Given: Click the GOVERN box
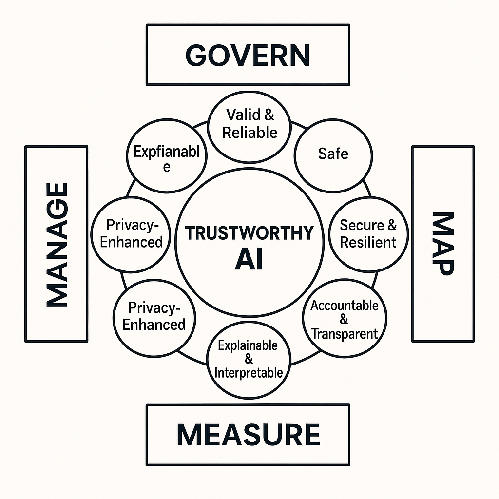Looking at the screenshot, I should (248, 55).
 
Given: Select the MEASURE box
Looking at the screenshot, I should (248, 434).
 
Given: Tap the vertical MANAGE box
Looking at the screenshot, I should (56, 244).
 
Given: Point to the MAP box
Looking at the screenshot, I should (442, 244).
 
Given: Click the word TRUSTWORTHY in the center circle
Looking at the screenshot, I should (249, 233).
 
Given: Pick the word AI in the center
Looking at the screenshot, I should (249, 260).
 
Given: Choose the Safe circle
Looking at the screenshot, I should (333, 154).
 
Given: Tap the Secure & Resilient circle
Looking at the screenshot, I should (368, 234).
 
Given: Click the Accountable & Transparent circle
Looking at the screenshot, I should (345, 319).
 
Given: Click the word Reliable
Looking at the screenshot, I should (249, 132).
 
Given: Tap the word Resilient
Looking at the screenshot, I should (368, 242).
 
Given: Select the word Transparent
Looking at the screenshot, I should (345, 334).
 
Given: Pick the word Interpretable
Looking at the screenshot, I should (249, 373).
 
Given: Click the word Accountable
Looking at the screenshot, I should (345, 306).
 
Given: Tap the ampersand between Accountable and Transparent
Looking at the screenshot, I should (344, 320).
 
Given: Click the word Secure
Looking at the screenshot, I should (362, 226).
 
